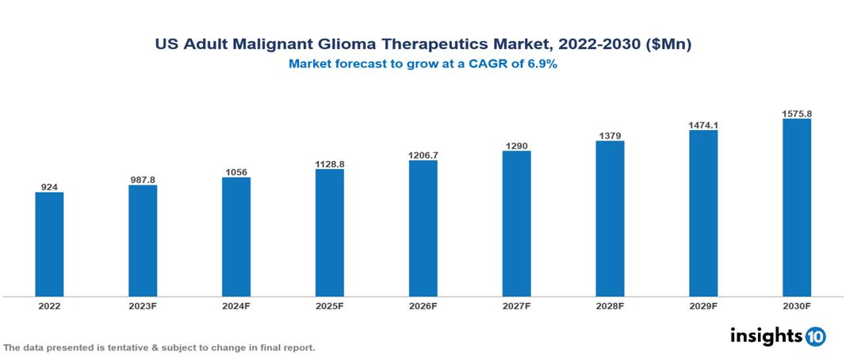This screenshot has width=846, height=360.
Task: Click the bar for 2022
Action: [x=49, y=244]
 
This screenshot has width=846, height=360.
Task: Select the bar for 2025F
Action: [x=330, y=233]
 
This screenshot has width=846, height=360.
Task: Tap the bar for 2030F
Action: [x=797, y=208]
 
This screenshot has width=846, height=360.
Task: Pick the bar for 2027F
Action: [x=516, y=224]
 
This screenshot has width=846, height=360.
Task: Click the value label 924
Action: [x=49, y=187]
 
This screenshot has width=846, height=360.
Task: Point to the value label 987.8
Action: [x=143, y=180]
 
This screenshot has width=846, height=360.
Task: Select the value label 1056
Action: [x=236, y=172]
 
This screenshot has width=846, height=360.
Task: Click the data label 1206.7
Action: [x=423, y=155]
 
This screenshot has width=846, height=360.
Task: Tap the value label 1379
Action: [x=610, y=136]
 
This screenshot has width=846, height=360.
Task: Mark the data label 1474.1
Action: [x=703, y=125]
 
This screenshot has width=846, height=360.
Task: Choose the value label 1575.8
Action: [x=797, y=114]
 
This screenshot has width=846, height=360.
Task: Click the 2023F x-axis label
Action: [x=143, y=305]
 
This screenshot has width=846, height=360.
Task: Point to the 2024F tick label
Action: [x=236, y=305]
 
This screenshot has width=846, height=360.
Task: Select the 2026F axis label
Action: [x=423, y=305]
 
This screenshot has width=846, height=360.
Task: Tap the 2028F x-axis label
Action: [x=610, y=305]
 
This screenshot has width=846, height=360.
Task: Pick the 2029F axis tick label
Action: [x=703, y=305]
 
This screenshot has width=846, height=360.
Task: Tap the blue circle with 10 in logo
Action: [x=815, y=336]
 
